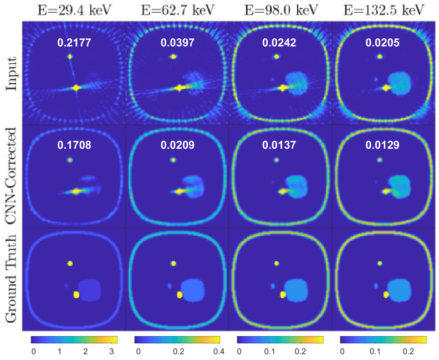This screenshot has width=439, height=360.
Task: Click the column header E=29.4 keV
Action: click(x=71, y=10)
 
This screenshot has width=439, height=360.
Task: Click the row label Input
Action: click(x=10, y=73)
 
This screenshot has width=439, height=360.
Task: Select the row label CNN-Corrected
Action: click(x=10, y=175)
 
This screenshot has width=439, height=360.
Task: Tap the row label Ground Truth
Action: click(x=10, y=278)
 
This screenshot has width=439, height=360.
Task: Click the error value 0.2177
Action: click(x=71, y=43)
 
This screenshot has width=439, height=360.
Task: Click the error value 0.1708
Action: click(x=71, y=145)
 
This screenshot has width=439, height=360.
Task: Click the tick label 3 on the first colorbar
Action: click(x=112, y=352)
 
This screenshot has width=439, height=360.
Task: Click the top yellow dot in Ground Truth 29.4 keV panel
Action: click(x=70, y=263)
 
